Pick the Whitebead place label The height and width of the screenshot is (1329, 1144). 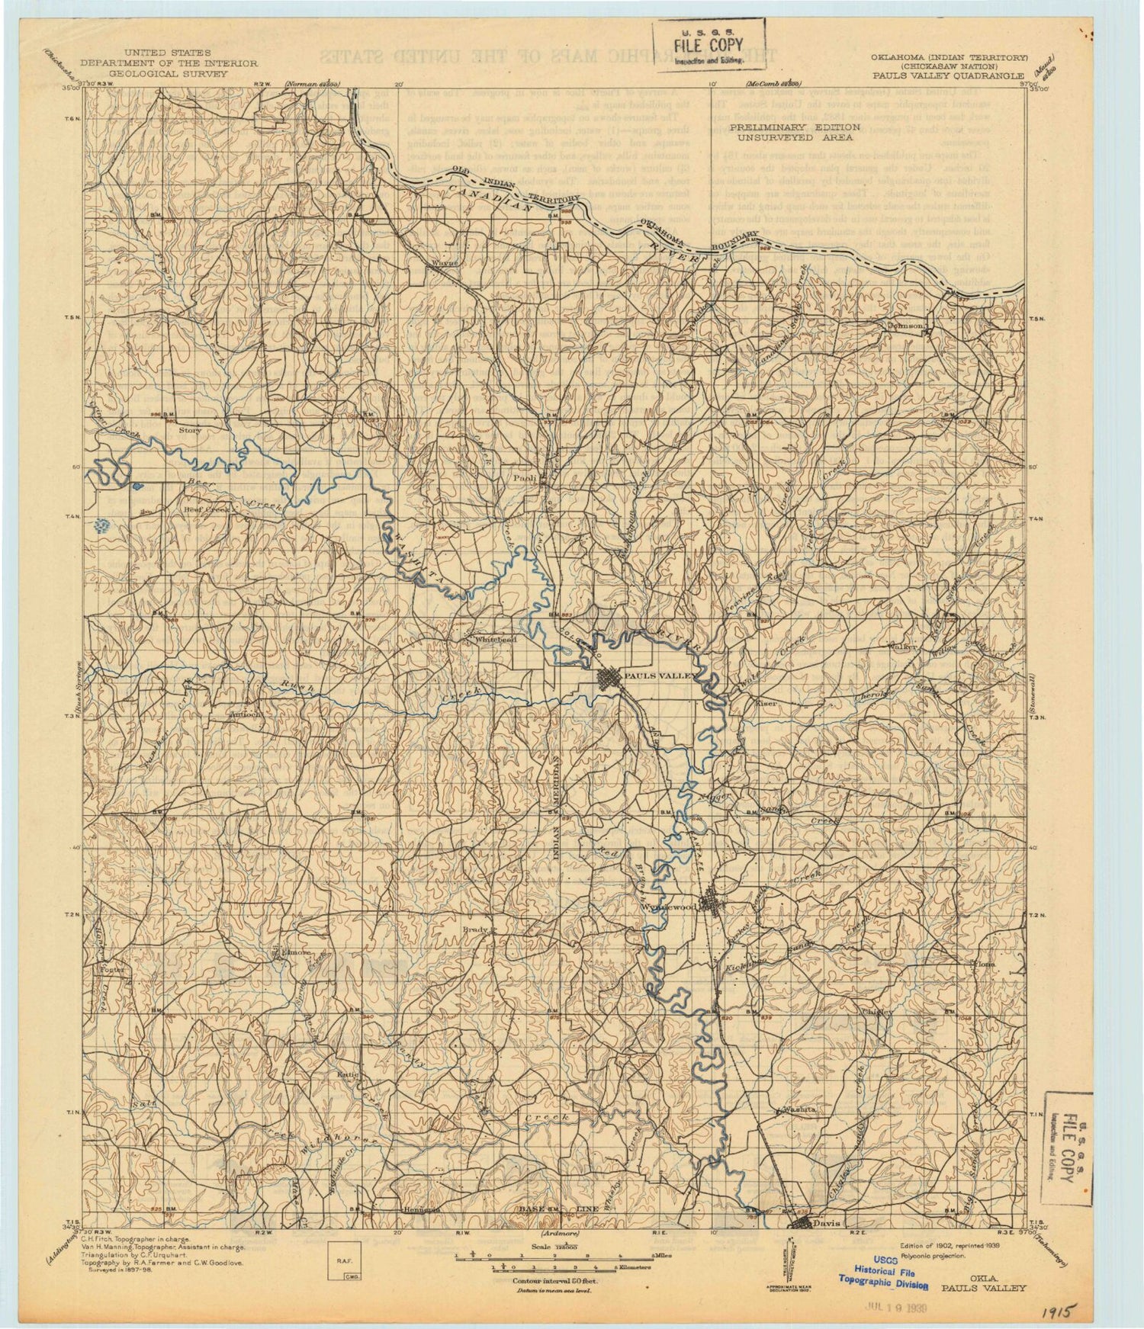pos(496,639)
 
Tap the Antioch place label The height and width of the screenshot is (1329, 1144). pos(246,714)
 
